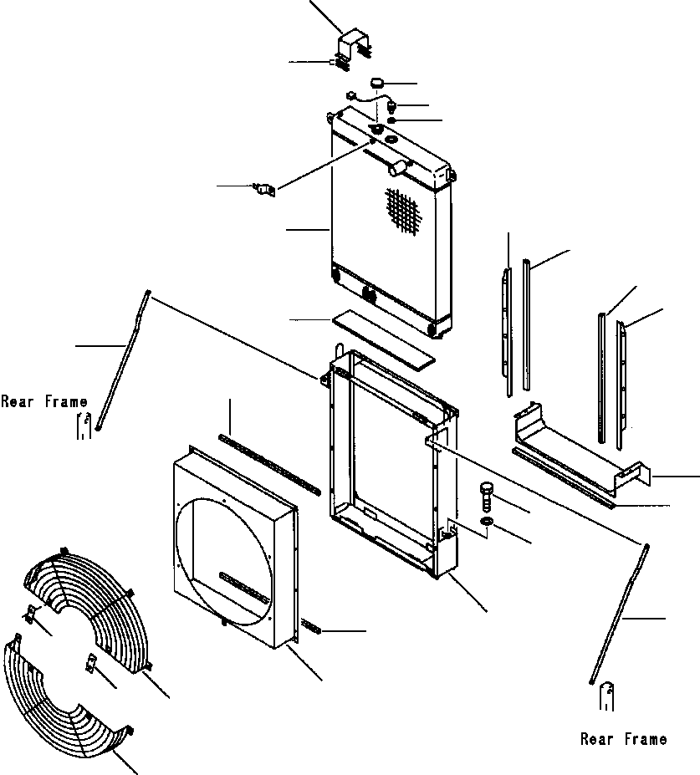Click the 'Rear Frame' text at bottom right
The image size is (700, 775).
pyautogui.click(x=623, y=739)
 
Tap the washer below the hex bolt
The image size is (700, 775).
pyautogui.click(x=487, y=521)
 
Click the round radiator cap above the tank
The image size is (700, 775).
pyautogui.click(x=378, y=83)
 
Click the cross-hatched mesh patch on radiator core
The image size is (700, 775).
pyautogui.click(x=404, y=212)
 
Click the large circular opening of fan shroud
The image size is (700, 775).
pyautogui.click(x=224, y=562)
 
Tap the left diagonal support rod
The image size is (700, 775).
pyautogui.click(x=123, y=361)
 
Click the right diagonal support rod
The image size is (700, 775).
pyautogui.click(x=620, y=614)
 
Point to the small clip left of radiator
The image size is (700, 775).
pyautogui.click(x=264, y=189)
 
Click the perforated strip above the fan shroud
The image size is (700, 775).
pyautogui.click(x=269, y=464)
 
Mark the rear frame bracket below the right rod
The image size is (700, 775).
pyautogui.click(x=607, y=696)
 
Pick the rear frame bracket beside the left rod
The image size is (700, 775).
pyautogui.click(x=84, y=426)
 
